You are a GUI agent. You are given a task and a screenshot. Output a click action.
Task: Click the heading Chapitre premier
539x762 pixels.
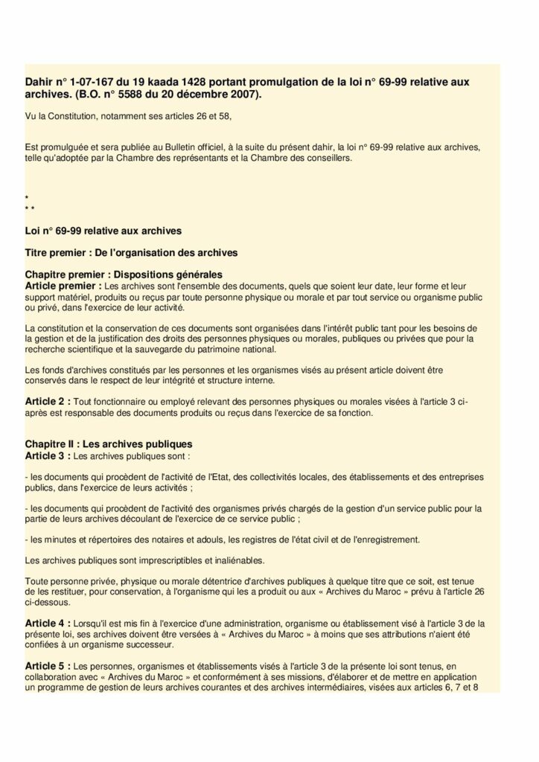click(64, 275)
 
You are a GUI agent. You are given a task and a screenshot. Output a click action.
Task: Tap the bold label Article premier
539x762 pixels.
click(62, 285)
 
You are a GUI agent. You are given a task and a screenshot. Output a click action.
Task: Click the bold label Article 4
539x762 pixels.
click(48, 623)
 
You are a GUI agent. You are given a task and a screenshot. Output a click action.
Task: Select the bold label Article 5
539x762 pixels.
click(48, 665)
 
